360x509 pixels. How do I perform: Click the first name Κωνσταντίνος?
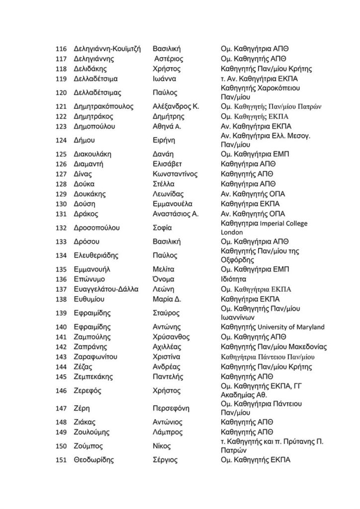176,174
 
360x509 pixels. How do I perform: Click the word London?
231,232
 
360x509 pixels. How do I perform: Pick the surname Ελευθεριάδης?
97,255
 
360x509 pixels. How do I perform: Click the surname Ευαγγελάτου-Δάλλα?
105,289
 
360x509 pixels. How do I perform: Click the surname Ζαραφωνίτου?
97,357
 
